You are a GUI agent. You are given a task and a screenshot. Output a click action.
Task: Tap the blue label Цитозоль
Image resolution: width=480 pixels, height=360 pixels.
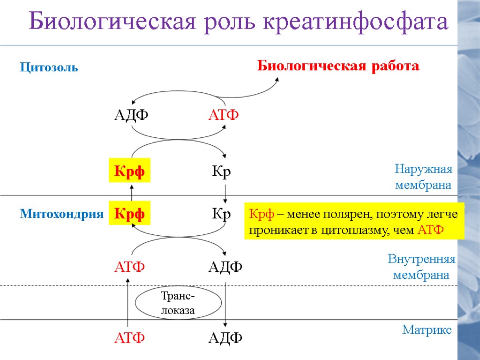(49, 68)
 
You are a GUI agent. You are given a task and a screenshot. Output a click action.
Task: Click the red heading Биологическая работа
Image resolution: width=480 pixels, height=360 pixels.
(338, 66)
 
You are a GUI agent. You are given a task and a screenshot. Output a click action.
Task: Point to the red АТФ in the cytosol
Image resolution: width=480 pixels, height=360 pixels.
(224, 115)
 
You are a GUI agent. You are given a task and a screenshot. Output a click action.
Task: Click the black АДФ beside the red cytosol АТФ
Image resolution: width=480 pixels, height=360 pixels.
(131, 115)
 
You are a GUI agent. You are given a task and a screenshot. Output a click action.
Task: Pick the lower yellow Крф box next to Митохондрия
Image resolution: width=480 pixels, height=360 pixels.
(129, 214)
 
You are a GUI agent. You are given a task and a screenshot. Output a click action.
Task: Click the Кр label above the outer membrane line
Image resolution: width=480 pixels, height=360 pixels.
(221, 172)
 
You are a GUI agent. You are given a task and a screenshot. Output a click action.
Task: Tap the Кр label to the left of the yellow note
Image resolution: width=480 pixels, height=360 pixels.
(221, 214)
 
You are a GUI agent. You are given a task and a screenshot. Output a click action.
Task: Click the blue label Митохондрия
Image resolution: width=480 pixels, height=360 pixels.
(61, 215)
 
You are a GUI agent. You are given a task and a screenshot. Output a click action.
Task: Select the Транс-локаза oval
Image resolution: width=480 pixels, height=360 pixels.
(178, 303)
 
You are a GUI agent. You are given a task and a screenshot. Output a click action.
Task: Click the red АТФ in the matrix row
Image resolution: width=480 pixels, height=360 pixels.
(130, 337)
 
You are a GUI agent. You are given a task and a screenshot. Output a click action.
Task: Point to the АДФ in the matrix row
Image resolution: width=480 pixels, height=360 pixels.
(225, 337)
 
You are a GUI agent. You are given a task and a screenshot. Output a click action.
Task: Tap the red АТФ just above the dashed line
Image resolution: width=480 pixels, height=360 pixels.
(130, 267)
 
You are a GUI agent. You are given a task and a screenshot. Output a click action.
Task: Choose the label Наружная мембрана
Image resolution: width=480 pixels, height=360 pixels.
(423, 177)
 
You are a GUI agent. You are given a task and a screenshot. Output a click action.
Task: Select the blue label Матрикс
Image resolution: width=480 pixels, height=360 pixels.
(427, 330)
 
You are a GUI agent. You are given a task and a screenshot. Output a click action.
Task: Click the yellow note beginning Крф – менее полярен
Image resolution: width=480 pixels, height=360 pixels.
(354, 222)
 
